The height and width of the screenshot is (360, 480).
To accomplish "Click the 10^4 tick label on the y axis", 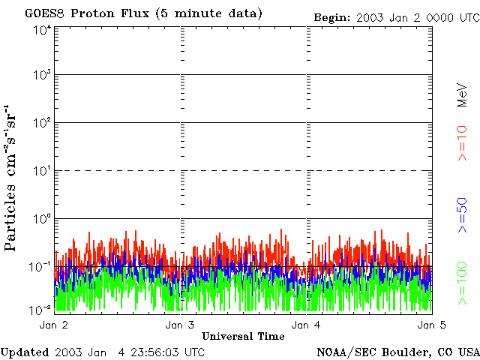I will [42, 31].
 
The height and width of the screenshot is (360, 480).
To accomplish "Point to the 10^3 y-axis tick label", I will [42, 75].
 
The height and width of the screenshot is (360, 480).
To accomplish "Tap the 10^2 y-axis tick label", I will [42, 122].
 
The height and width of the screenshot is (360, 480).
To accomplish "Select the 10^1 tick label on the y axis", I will [42, 170].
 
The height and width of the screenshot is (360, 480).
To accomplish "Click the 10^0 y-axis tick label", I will [42, 218].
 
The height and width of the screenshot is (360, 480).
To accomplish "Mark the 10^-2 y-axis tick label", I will [41, 309].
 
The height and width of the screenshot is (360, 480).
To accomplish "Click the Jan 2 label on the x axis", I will [54, 325].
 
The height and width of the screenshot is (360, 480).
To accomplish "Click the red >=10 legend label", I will [463, 143].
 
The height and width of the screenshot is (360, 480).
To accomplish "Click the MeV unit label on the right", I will [463, 93].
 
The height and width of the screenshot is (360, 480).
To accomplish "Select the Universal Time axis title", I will [243, 336].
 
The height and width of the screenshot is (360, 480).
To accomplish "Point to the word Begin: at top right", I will [331, 16].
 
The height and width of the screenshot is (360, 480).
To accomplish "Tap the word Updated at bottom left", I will [24, 352].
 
